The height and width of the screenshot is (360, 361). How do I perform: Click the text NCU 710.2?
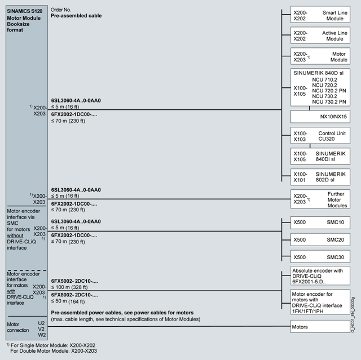pos(324,81)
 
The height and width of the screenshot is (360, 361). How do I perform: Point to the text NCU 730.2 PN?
pos(330,101)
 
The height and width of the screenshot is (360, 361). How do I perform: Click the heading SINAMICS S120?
pos(25,11)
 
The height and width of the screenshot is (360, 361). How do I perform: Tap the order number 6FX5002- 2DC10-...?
pos(74,281)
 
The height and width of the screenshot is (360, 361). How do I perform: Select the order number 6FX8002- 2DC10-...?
pos(74,295)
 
